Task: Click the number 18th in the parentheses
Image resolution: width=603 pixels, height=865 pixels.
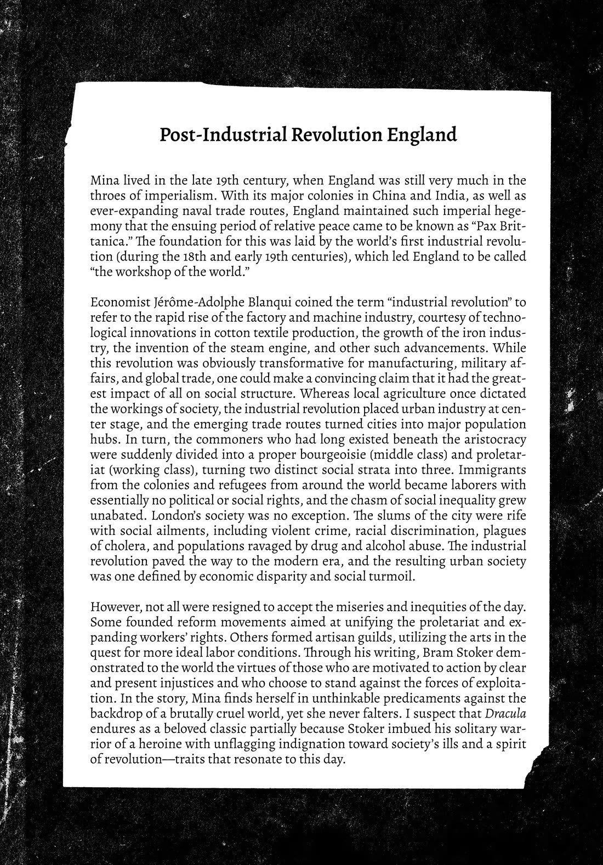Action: pos(183,257)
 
